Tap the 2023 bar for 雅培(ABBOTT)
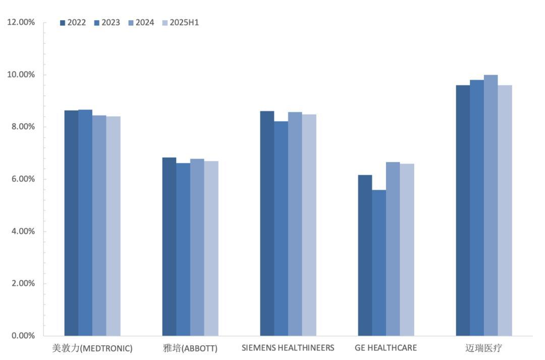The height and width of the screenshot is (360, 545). tap(183, 249)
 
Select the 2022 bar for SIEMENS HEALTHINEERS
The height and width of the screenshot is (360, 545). tap(267, 223)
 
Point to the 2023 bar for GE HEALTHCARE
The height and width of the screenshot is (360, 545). tap(379, 263)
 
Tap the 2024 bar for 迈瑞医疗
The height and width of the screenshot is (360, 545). tap(491, 205)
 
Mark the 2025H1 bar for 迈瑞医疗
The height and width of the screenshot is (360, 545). tap(505, 210)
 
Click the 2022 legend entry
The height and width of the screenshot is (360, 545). tap(73, 23)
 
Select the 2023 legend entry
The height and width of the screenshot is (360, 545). tap(107, 23)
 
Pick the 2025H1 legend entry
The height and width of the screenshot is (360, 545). tap(180, 23)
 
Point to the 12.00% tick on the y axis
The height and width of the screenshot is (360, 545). tap(21, 23)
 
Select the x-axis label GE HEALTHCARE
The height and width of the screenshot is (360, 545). tap(386, 348)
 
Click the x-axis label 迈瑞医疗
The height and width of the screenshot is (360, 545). tap(483, 348)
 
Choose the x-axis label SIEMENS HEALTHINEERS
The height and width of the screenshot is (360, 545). tap(288, 348)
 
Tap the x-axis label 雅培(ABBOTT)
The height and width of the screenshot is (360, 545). tap(190, 348)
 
